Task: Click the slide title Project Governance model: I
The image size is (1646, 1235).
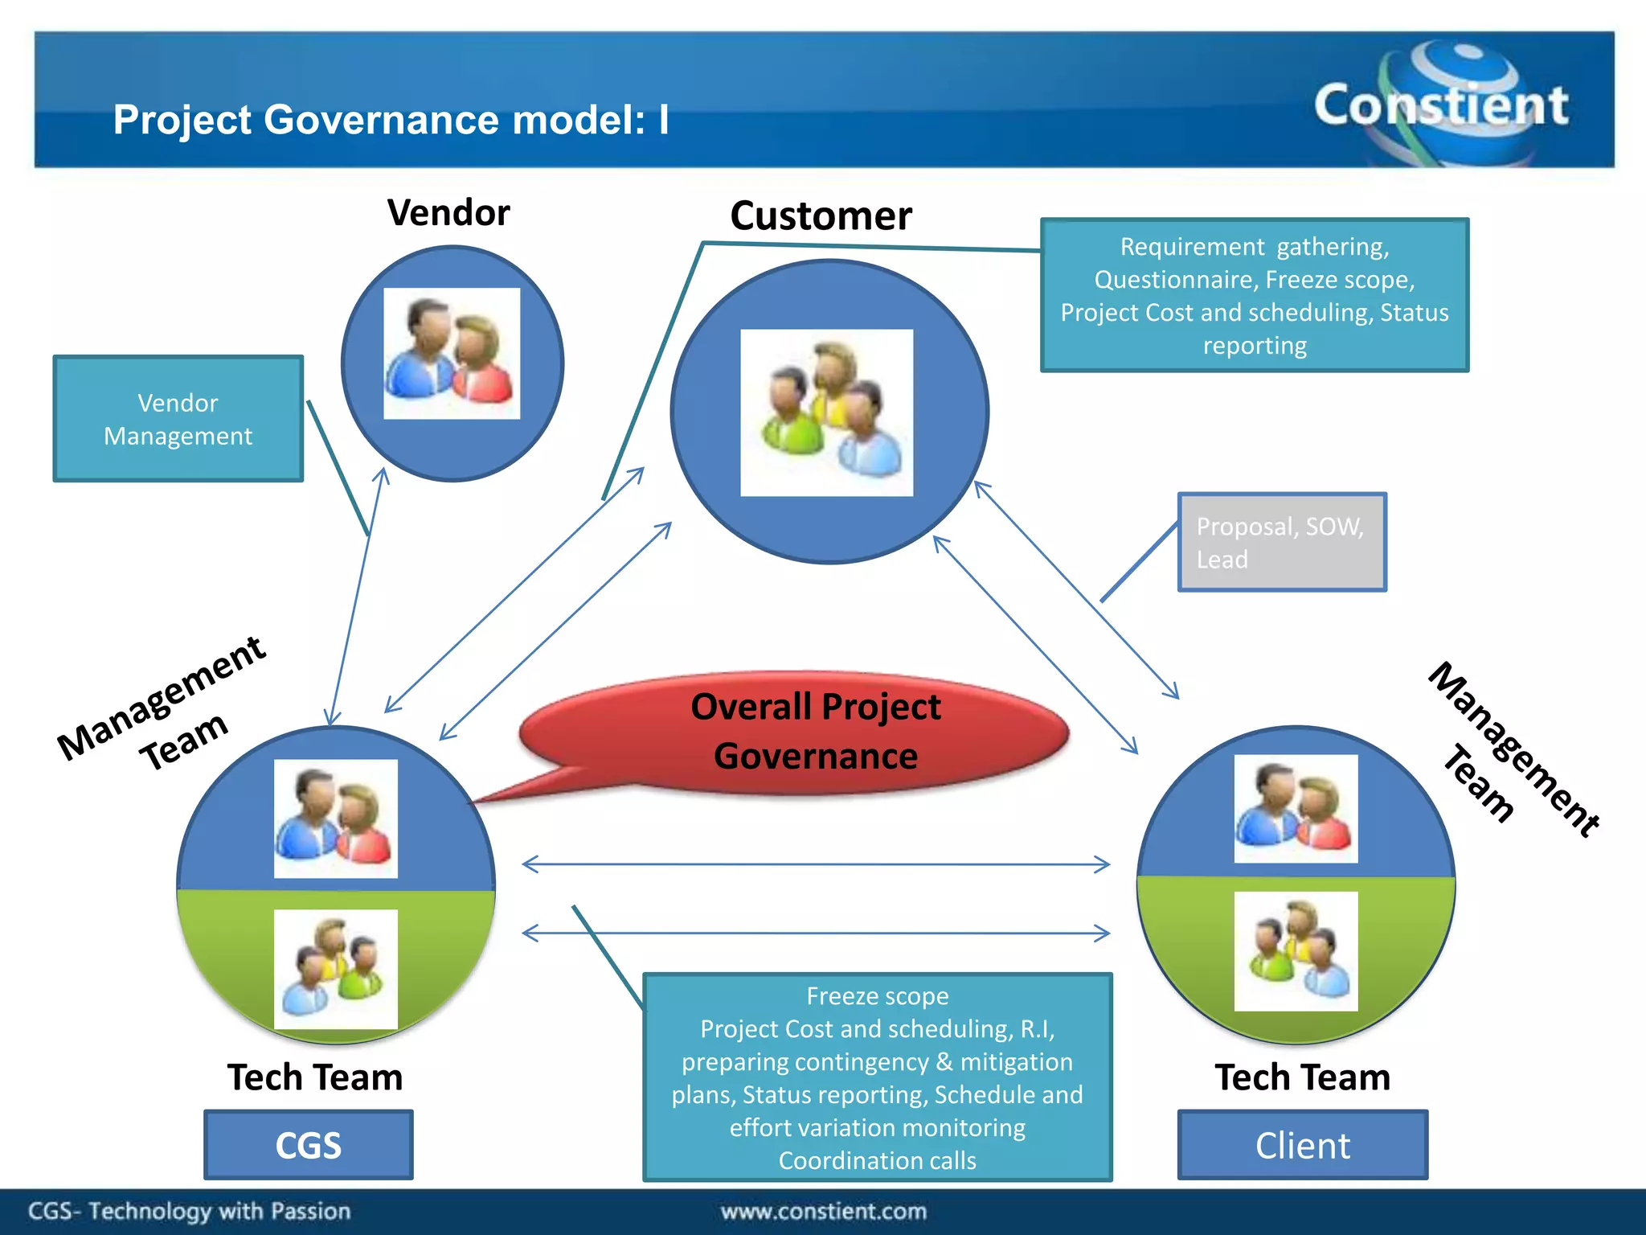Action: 391,120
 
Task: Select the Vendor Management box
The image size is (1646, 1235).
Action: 178,419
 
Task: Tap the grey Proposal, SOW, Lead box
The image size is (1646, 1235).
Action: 1281,543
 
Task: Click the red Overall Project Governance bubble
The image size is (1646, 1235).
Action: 804,732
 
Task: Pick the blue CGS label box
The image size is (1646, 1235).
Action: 309,1145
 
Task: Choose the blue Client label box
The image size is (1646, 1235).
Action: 1302,1145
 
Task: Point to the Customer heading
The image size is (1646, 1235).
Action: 821,215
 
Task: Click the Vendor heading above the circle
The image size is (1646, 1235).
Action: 448,213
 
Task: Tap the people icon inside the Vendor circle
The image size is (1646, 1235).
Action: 452,354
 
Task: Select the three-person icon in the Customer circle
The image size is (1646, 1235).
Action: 826,412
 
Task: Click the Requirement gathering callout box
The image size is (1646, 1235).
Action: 1254,295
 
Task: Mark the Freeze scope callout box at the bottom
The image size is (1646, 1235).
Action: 877,1077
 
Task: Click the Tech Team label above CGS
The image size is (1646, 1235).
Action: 314,1077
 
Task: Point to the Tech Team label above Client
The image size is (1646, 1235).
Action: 1302,1077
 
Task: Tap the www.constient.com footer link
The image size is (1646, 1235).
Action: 823,1211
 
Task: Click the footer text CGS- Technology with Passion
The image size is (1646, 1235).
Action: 190,1211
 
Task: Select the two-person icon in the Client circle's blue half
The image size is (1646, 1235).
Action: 1296,808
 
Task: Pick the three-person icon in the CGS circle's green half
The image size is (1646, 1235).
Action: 335,969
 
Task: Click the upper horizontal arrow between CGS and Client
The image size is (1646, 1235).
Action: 815,864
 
